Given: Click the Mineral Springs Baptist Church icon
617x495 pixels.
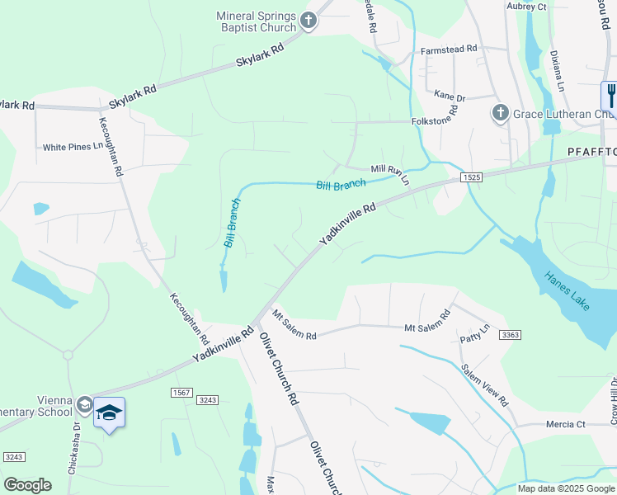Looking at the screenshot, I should (308, 21).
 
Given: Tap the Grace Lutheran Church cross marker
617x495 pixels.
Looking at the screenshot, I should (500, 113).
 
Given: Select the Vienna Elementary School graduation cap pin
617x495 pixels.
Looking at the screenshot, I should (109, 411).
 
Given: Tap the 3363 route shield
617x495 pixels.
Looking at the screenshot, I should (511, 334).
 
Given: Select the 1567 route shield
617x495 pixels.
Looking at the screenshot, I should (181, 391).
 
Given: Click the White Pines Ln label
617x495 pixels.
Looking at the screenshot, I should (72, 148).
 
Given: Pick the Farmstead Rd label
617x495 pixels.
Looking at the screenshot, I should (449, 49).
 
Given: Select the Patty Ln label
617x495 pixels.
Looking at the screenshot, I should (474, 333).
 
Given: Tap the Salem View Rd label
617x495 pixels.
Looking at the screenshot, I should (484, 384).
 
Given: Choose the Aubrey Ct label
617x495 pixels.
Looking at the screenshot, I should (526, 7).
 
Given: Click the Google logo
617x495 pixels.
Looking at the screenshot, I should (27, 484).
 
